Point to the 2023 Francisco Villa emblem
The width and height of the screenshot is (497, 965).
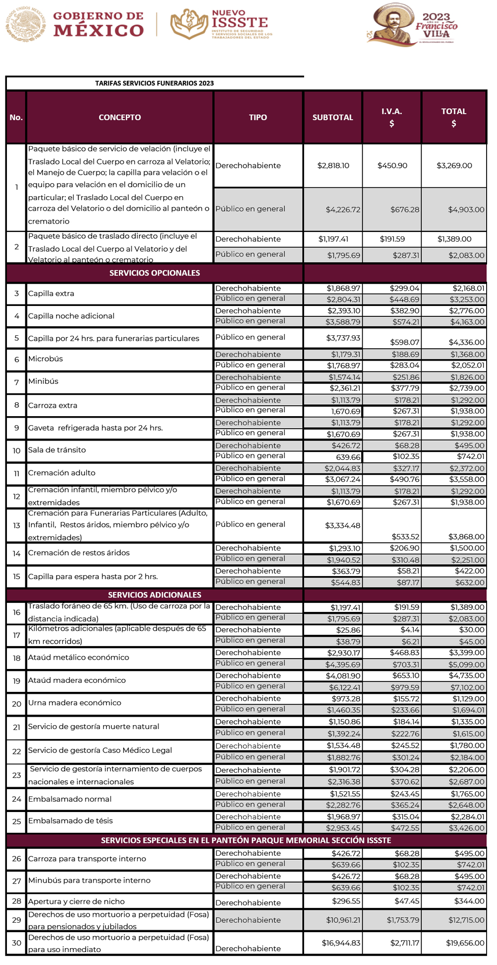coord(412,25)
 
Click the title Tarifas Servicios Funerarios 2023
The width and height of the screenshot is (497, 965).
coord(155,83)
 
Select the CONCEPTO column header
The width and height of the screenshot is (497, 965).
coord(120,117)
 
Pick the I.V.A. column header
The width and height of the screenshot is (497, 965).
coord(392,117)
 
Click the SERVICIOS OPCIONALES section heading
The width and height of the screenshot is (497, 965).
coord(155,273)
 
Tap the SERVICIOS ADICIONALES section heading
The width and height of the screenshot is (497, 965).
coord(155,594)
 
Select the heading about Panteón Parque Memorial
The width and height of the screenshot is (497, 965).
coord(246,840)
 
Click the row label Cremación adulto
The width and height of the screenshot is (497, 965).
coord(62,473)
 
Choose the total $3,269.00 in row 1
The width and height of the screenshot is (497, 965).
coord(454,165)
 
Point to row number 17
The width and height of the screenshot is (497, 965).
coord(16,635)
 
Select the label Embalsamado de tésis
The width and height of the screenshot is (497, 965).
coord(70,821)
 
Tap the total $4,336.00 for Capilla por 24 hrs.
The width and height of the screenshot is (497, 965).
coord(467,342)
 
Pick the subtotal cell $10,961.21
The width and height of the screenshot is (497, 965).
coord(343,920)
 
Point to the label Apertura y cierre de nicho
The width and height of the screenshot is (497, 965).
coord(77,901)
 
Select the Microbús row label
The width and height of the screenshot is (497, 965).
coord(45,359)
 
